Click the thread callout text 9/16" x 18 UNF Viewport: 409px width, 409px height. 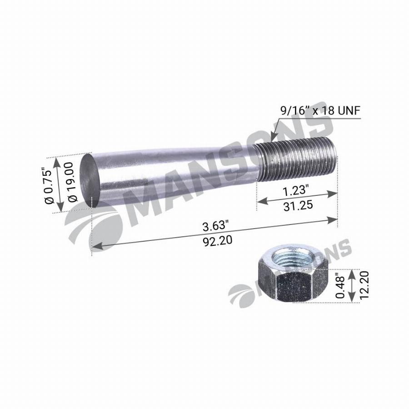[320, 110]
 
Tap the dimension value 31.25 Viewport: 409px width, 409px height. [298, 206]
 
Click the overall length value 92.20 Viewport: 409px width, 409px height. [217, 240]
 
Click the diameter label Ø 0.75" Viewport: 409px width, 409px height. [50, 186]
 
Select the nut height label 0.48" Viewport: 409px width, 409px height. [340, 286]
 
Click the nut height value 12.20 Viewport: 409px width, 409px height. [364, 285]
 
